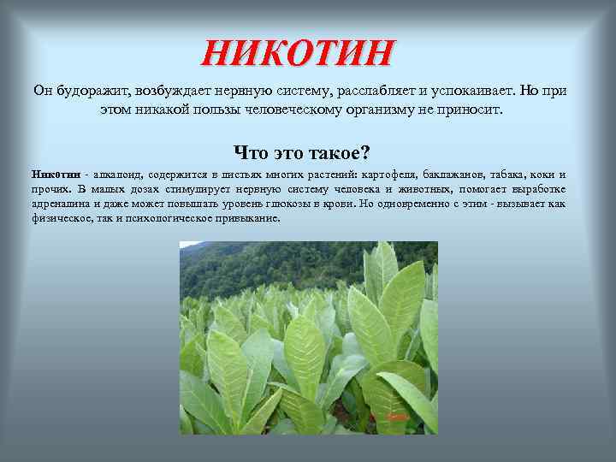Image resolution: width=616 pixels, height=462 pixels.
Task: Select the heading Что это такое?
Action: (302, 153)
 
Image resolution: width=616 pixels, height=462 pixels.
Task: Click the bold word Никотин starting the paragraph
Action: (54, 175)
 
